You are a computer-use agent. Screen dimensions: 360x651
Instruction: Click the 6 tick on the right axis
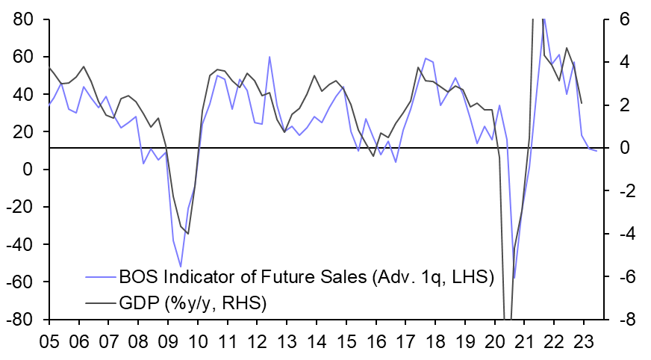pos(625,19)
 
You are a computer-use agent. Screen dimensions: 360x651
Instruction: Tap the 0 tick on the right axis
pos(625,148)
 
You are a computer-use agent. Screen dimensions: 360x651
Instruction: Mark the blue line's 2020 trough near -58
pos(514,278)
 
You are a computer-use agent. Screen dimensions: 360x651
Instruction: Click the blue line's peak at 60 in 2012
pos(270,57)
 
